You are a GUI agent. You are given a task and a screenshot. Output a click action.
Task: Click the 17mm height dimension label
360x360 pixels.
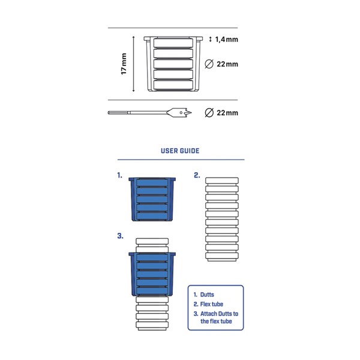point(124,64)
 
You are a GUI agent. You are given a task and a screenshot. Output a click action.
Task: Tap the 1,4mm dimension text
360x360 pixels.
point(227,40)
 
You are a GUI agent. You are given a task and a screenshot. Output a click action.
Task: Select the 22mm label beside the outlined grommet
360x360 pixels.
point(227,64)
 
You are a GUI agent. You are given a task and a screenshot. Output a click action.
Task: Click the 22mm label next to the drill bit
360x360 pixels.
point(227,113)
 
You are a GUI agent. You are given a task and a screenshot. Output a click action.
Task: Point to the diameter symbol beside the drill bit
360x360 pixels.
point(209,113)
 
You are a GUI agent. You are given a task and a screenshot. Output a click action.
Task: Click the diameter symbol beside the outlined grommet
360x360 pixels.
point(209,64)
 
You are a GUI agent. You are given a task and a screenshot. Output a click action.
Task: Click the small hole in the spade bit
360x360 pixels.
point(181,113)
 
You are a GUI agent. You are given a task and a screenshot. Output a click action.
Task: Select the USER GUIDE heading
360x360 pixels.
point(180,151)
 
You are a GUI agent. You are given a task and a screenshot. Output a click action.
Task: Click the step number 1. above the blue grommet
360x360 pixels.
point(119,175)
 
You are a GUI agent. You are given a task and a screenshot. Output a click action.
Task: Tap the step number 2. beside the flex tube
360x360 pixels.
point(197,175)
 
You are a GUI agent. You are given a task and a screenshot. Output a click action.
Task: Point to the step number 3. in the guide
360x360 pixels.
point(121,236)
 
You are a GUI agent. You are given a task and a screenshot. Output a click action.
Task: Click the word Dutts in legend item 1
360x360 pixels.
point(207,295)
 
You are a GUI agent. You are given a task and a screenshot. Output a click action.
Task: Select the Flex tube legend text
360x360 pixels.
point(211,304)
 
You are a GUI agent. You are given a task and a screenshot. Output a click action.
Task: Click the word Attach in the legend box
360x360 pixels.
point(209,314)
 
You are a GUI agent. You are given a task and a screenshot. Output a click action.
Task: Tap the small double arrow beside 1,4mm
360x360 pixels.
point(211,39)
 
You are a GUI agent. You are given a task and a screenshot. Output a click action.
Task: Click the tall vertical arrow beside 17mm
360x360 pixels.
point(133,64)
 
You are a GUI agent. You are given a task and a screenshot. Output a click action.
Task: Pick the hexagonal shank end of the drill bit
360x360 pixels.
point(118,113)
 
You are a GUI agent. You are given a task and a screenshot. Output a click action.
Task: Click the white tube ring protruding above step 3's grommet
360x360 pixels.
point(152,242)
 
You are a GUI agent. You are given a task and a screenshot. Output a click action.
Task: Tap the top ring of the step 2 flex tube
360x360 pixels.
point(222,181)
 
